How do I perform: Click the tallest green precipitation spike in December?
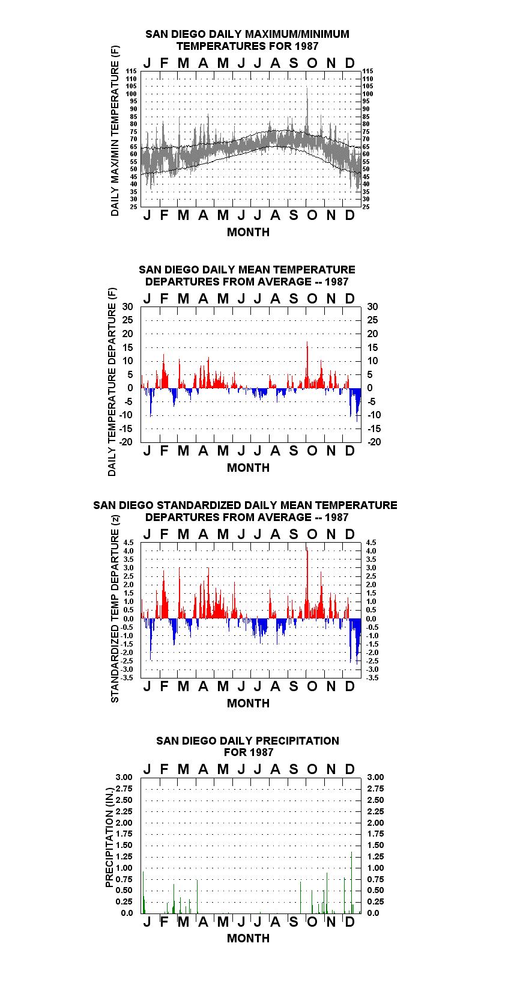pyautogui.click(x=351, y=882)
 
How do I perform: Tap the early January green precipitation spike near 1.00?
pyautogui.click(x=144, y=892)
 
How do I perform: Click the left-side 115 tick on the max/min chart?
pyautogui.click(x=131, y=71)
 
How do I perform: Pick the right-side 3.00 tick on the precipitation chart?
pyautogui.click(x=375, y=777)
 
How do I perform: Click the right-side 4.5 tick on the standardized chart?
pyautogui.click(x=371, y=543)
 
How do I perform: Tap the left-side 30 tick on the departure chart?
pyautogui.click(x=127, y=307)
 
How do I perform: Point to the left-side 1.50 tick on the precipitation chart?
pyautogui.click(x=124, y=845)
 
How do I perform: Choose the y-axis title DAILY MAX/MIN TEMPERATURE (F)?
pyautogui.click(x=115, y=130)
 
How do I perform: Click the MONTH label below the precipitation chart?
pyautogui.click(x=249, y=938)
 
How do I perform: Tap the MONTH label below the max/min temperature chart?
pyautogui.click(x=249, y=233)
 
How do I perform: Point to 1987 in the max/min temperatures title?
pyautogui.click(x=307, y=46)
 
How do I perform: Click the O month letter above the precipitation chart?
pyautogui.click(x=312, y=769)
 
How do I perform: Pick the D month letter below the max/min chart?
pyautogui.click(x=349, y=216)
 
